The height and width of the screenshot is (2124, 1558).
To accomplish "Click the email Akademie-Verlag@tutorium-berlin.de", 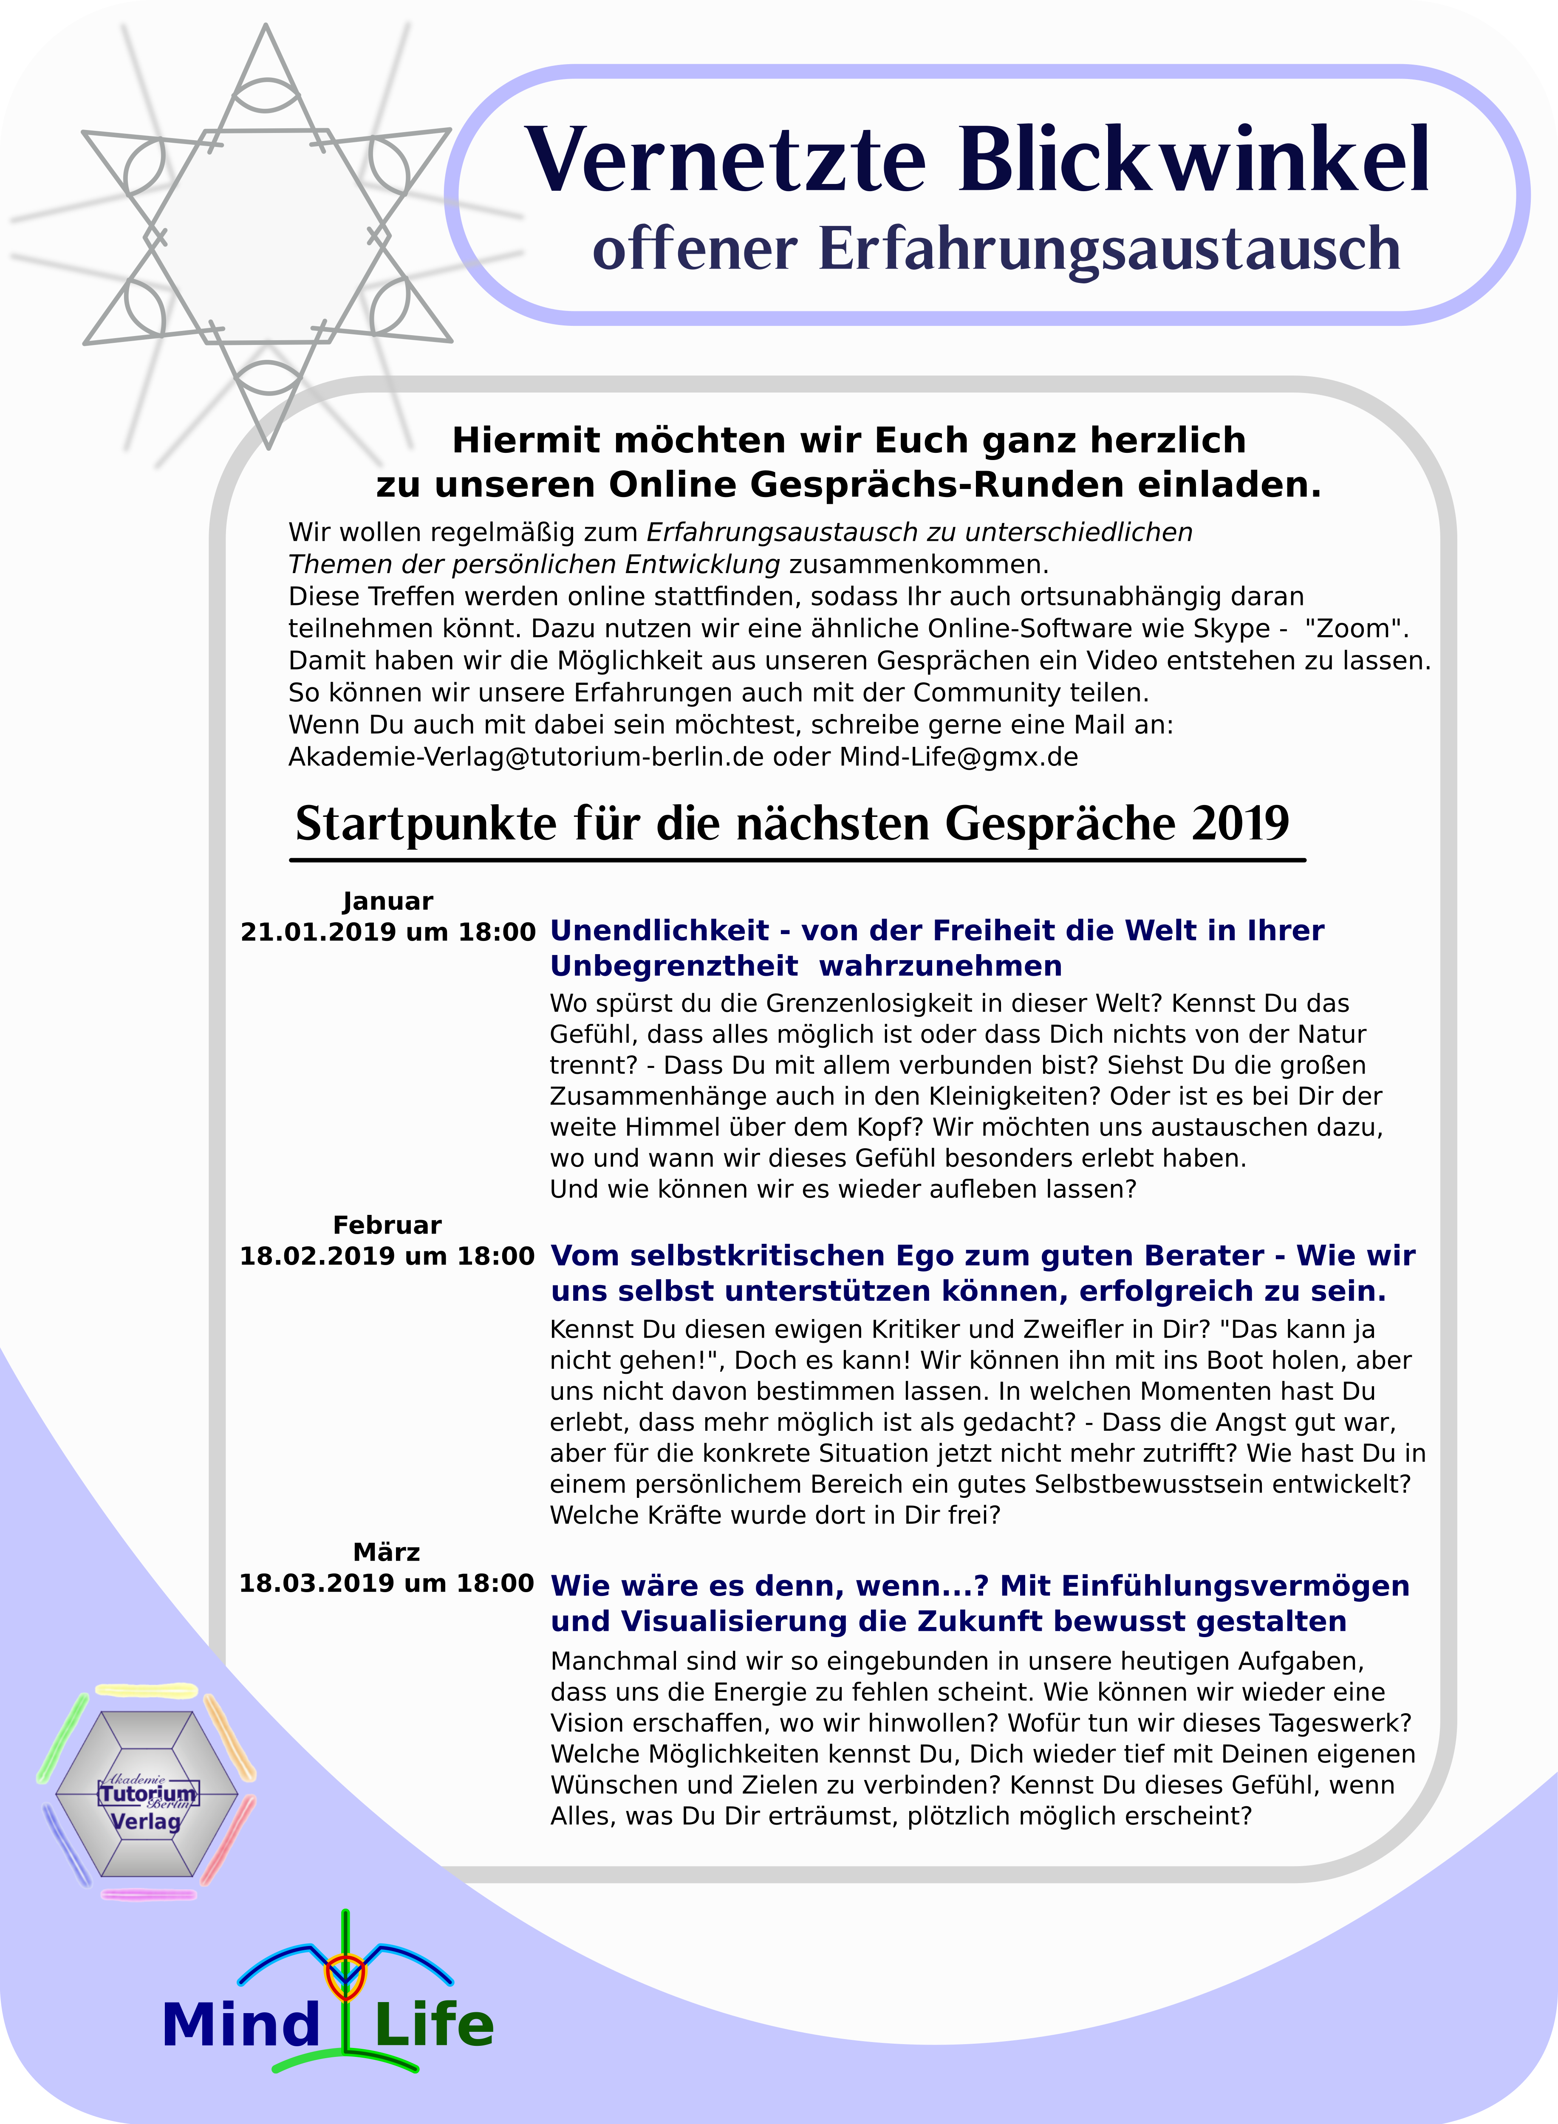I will point(525,757).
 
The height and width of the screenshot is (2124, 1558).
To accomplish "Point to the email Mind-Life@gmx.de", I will point(959,757).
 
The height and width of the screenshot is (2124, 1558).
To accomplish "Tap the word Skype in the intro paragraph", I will point(1229,629).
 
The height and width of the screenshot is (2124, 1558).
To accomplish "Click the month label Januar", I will point(387,901).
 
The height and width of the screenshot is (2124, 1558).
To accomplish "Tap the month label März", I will point(387,1552).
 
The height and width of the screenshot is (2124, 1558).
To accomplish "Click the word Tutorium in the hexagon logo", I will point(149,1792).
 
